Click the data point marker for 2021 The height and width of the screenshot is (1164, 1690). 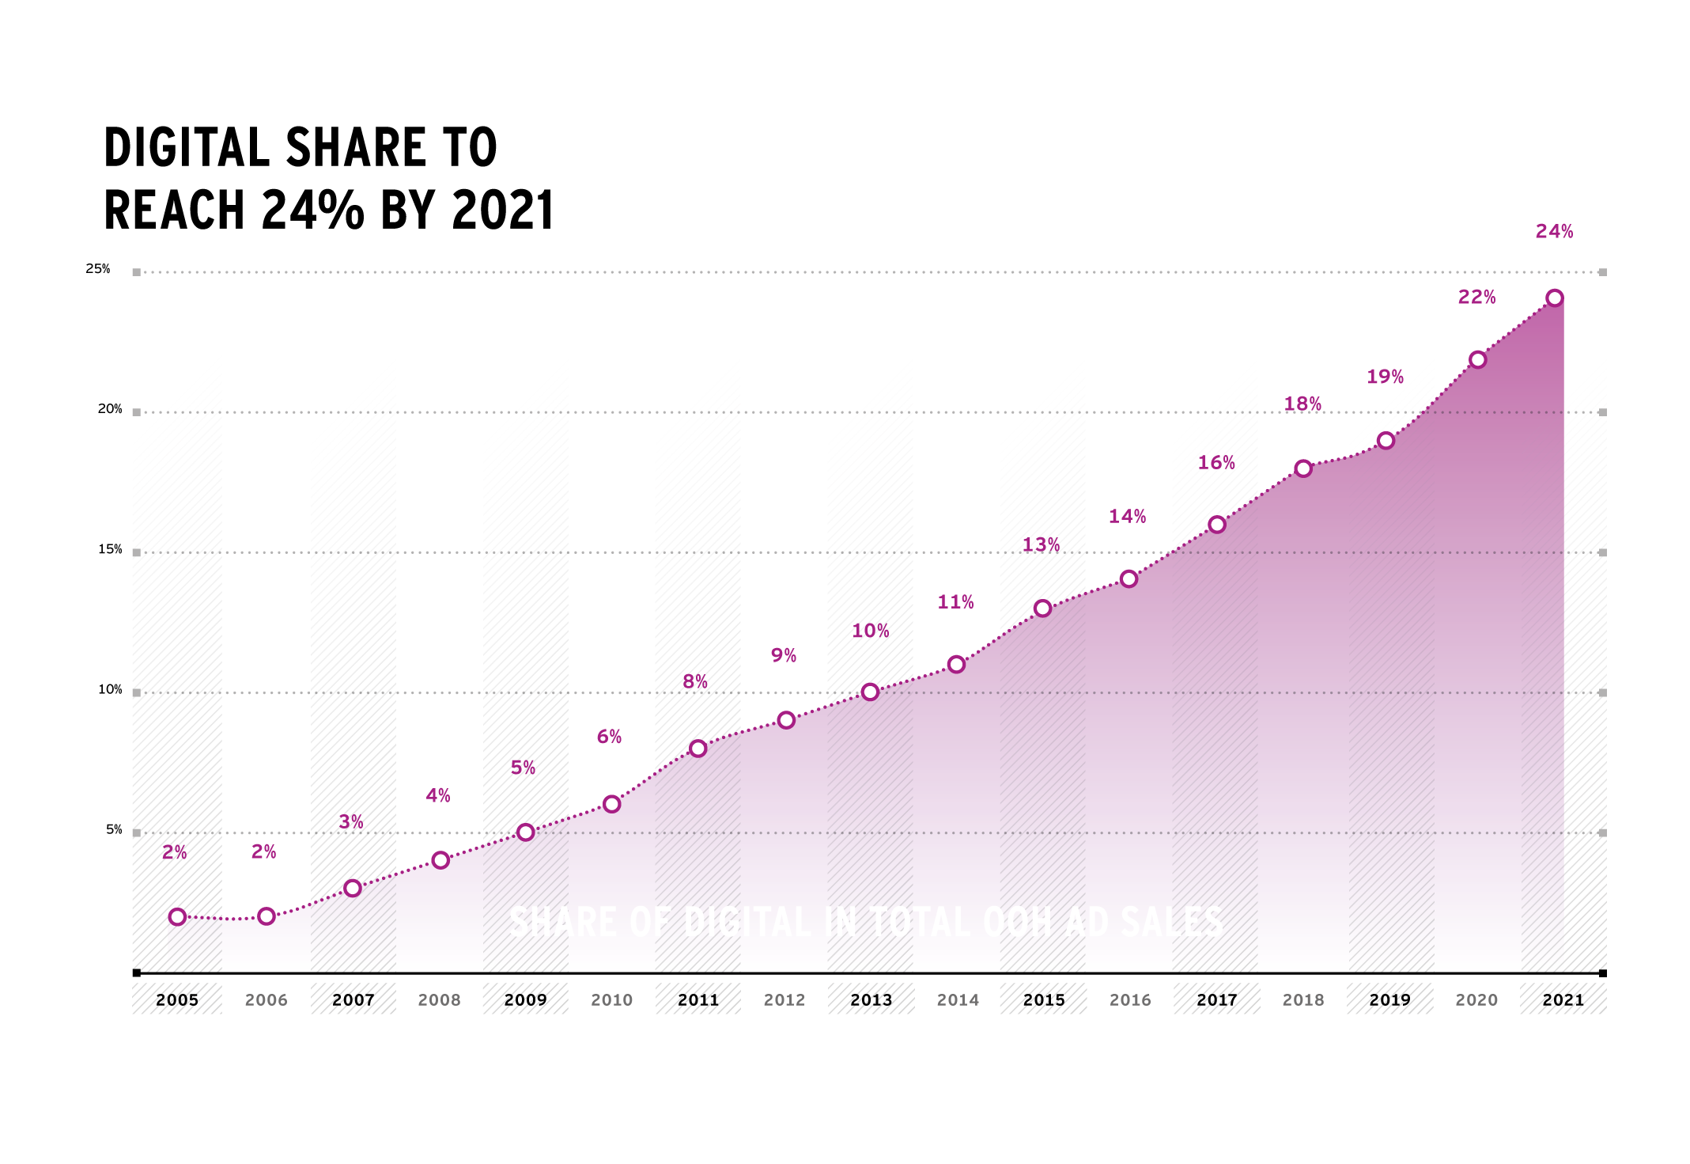[x=1554, y=298]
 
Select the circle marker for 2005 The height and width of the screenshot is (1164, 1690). [x=177, y=917]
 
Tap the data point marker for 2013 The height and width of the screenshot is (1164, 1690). [x=870, y=692]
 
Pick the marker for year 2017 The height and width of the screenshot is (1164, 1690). [x=1217, y=525]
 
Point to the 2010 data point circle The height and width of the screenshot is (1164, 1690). [x=611, y=805]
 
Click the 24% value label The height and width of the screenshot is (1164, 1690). [x=1554, y=232]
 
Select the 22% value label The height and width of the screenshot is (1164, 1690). [x=1476, y=298]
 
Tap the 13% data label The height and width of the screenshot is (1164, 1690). [x=1041, y=545]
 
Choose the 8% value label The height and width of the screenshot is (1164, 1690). [x=695, y=682]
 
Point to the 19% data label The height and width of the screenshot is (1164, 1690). [x=1385, y=377]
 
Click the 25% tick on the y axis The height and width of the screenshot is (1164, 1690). [x=98, y=269]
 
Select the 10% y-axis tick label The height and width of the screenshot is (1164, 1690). [x=110, y=690]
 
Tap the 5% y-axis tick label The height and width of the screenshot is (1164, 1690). [x=114, y=830]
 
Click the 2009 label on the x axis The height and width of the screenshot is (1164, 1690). [x=525, y=1000]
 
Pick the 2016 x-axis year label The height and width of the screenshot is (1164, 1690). [x=1130, y=1000]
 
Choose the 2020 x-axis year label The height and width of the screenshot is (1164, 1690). [x=1476, y=1000]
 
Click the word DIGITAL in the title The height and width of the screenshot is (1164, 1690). [x=187, y=148]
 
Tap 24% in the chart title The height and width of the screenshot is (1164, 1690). [x=312, y=210]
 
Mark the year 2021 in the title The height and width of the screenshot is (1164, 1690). [x=503, y=210]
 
